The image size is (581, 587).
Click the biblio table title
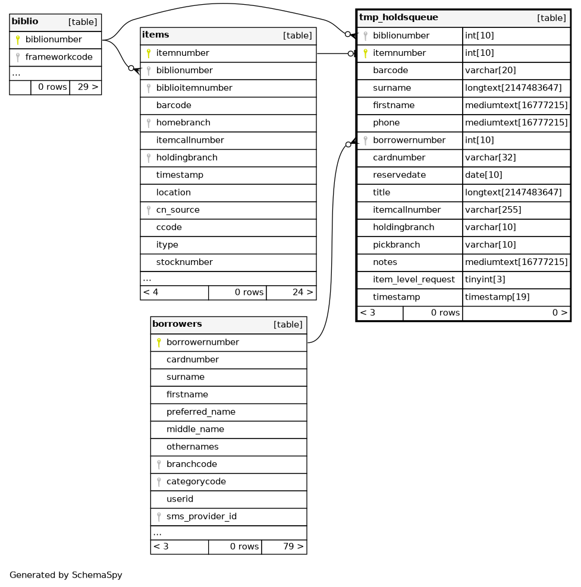25,22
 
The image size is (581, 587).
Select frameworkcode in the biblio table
59,57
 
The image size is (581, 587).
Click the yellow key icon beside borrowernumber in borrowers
159,343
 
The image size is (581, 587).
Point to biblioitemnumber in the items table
194,88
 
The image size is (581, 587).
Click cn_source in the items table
178,210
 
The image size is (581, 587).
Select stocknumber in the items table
184,262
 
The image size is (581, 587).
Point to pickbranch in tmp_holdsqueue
395,245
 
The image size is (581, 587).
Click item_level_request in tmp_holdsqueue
414,279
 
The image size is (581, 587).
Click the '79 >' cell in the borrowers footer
284,547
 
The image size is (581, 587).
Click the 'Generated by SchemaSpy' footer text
66,575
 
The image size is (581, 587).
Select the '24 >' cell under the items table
291,292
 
